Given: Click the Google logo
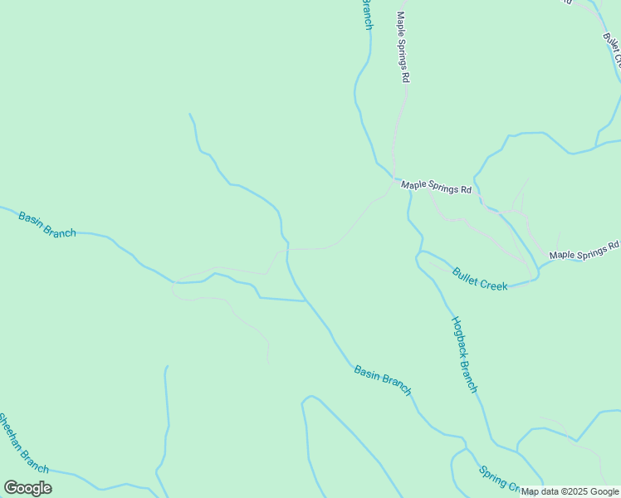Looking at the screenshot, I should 27,488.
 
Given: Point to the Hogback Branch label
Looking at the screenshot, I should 464,354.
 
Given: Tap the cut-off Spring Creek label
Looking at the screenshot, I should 498,479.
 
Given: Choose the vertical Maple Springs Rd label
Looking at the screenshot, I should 403,46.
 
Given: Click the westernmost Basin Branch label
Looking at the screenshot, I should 47,224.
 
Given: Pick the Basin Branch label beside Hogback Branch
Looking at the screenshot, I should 383,379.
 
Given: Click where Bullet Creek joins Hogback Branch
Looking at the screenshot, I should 420,251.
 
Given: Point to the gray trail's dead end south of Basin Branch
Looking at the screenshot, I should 269,364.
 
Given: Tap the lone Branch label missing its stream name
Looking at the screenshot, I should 366,15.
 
